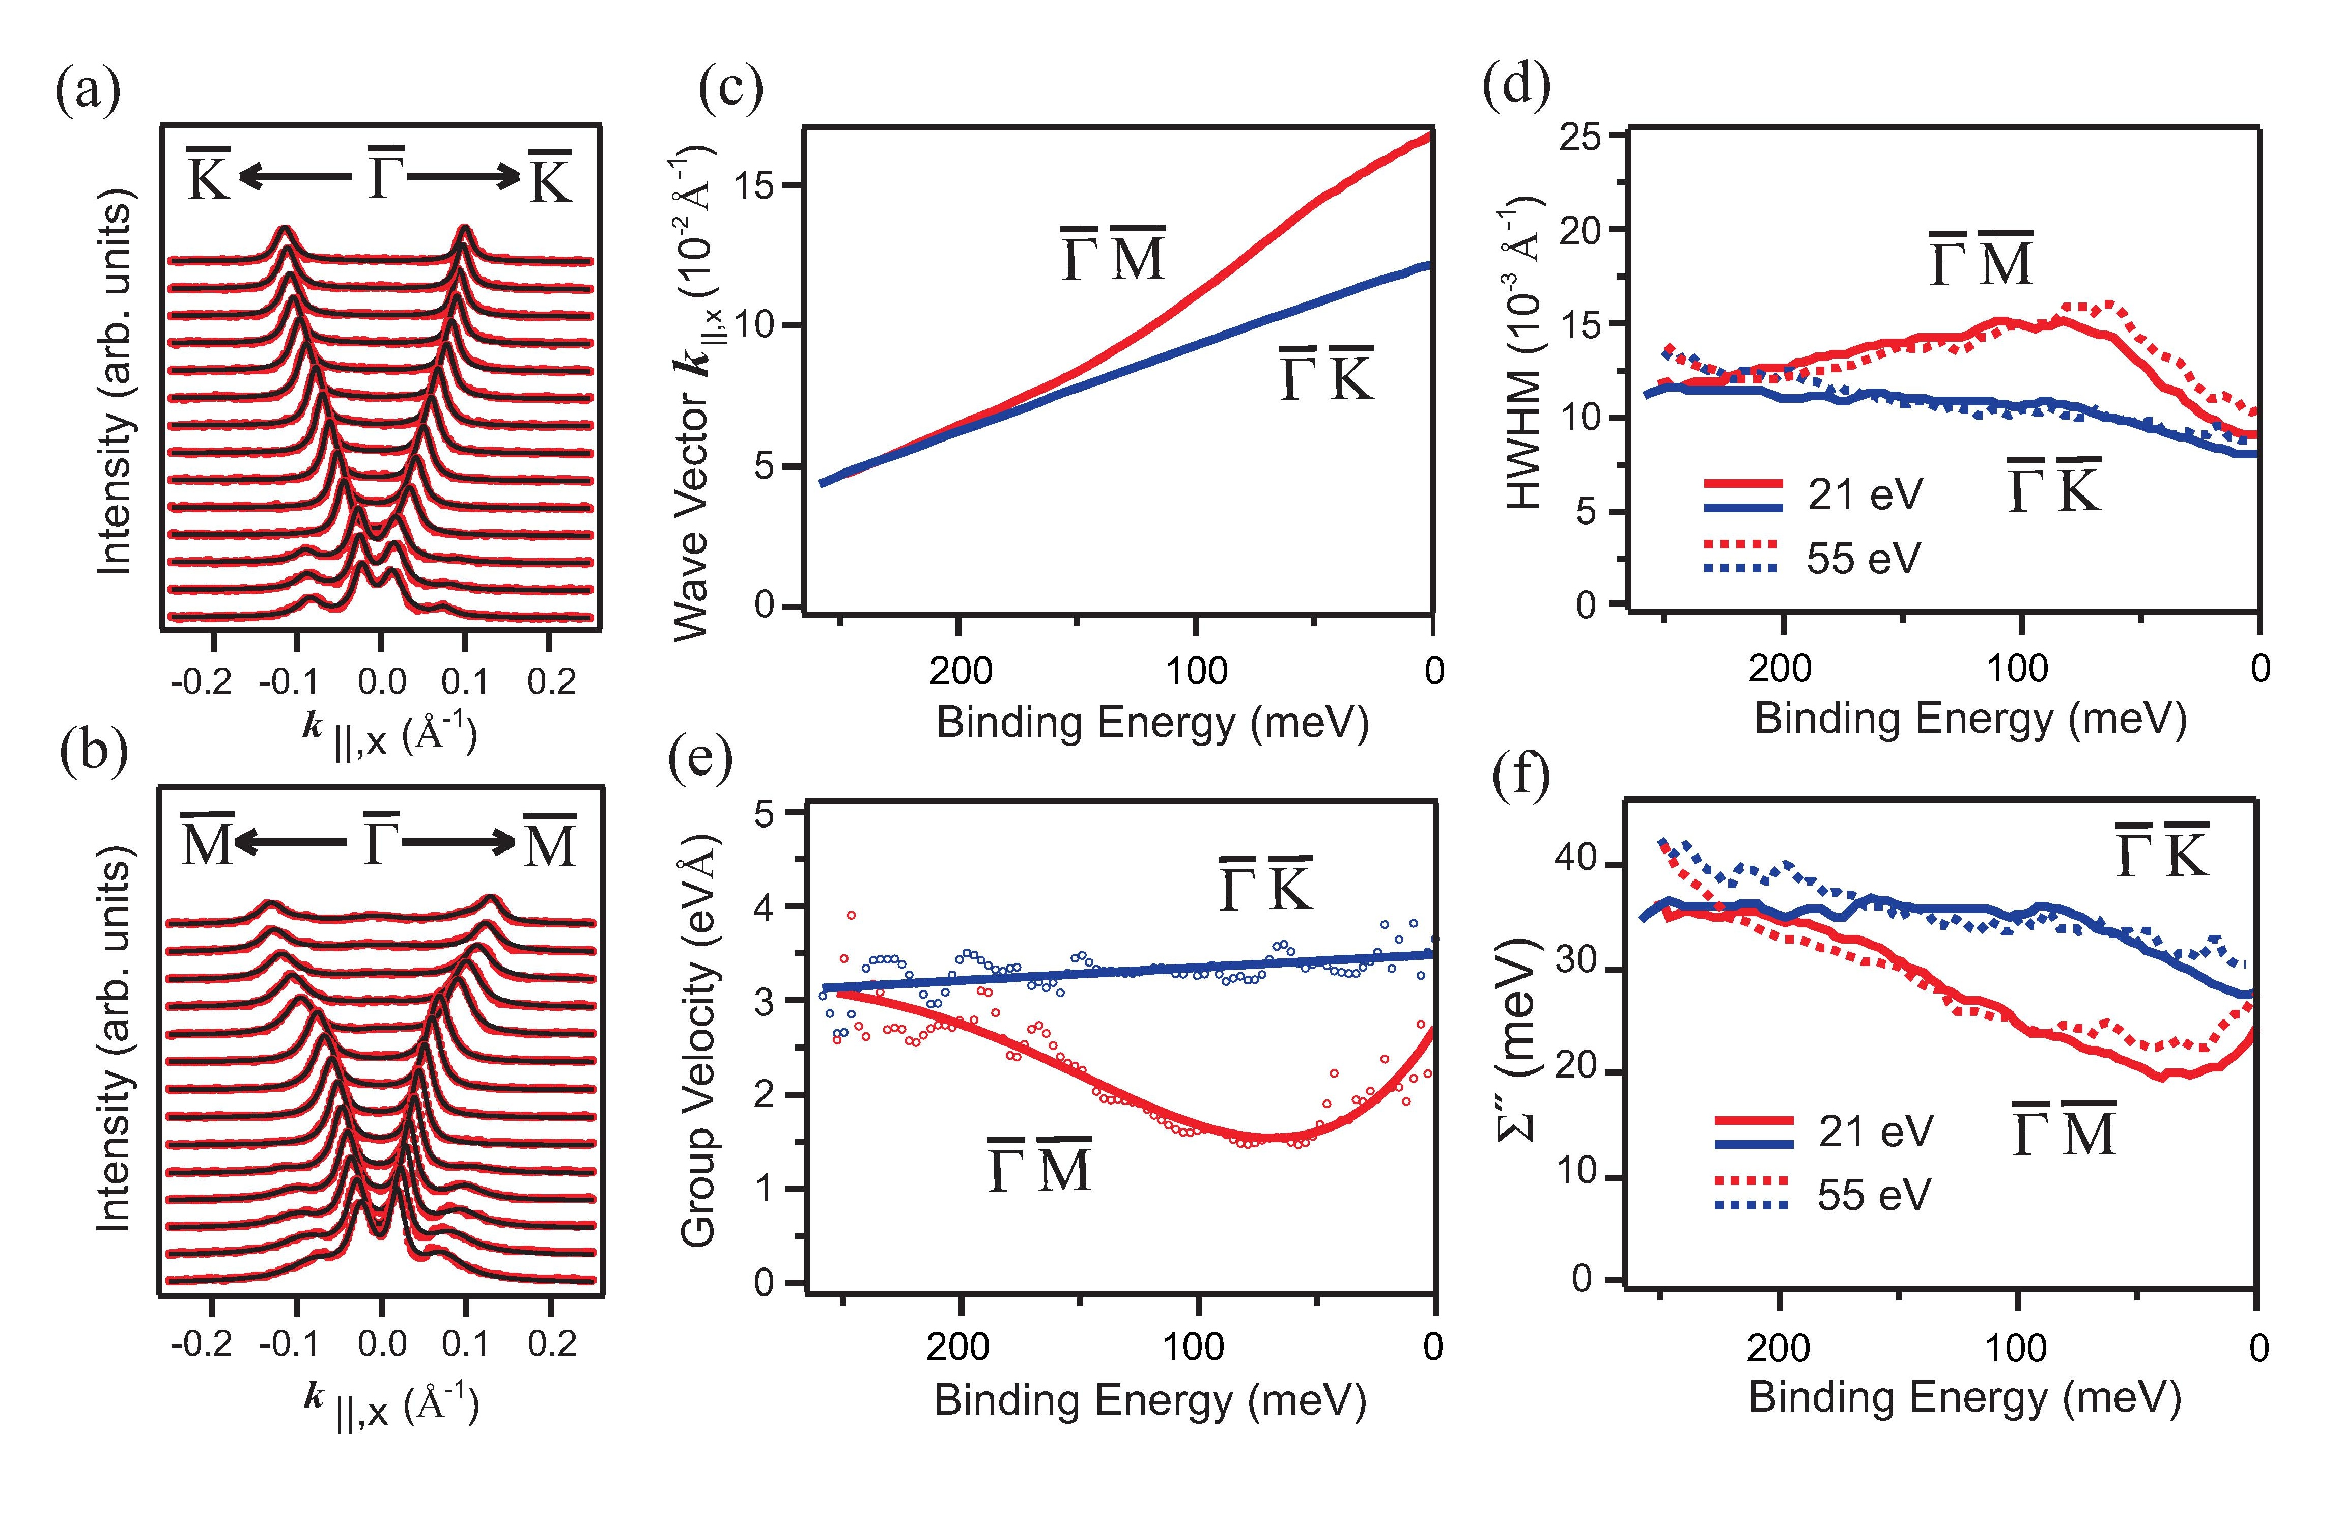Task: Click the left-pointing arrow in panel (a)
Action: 293,177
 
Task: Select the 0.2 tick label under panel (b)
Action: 551,1344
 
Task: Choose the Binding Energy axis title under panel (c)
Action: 1151,724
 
